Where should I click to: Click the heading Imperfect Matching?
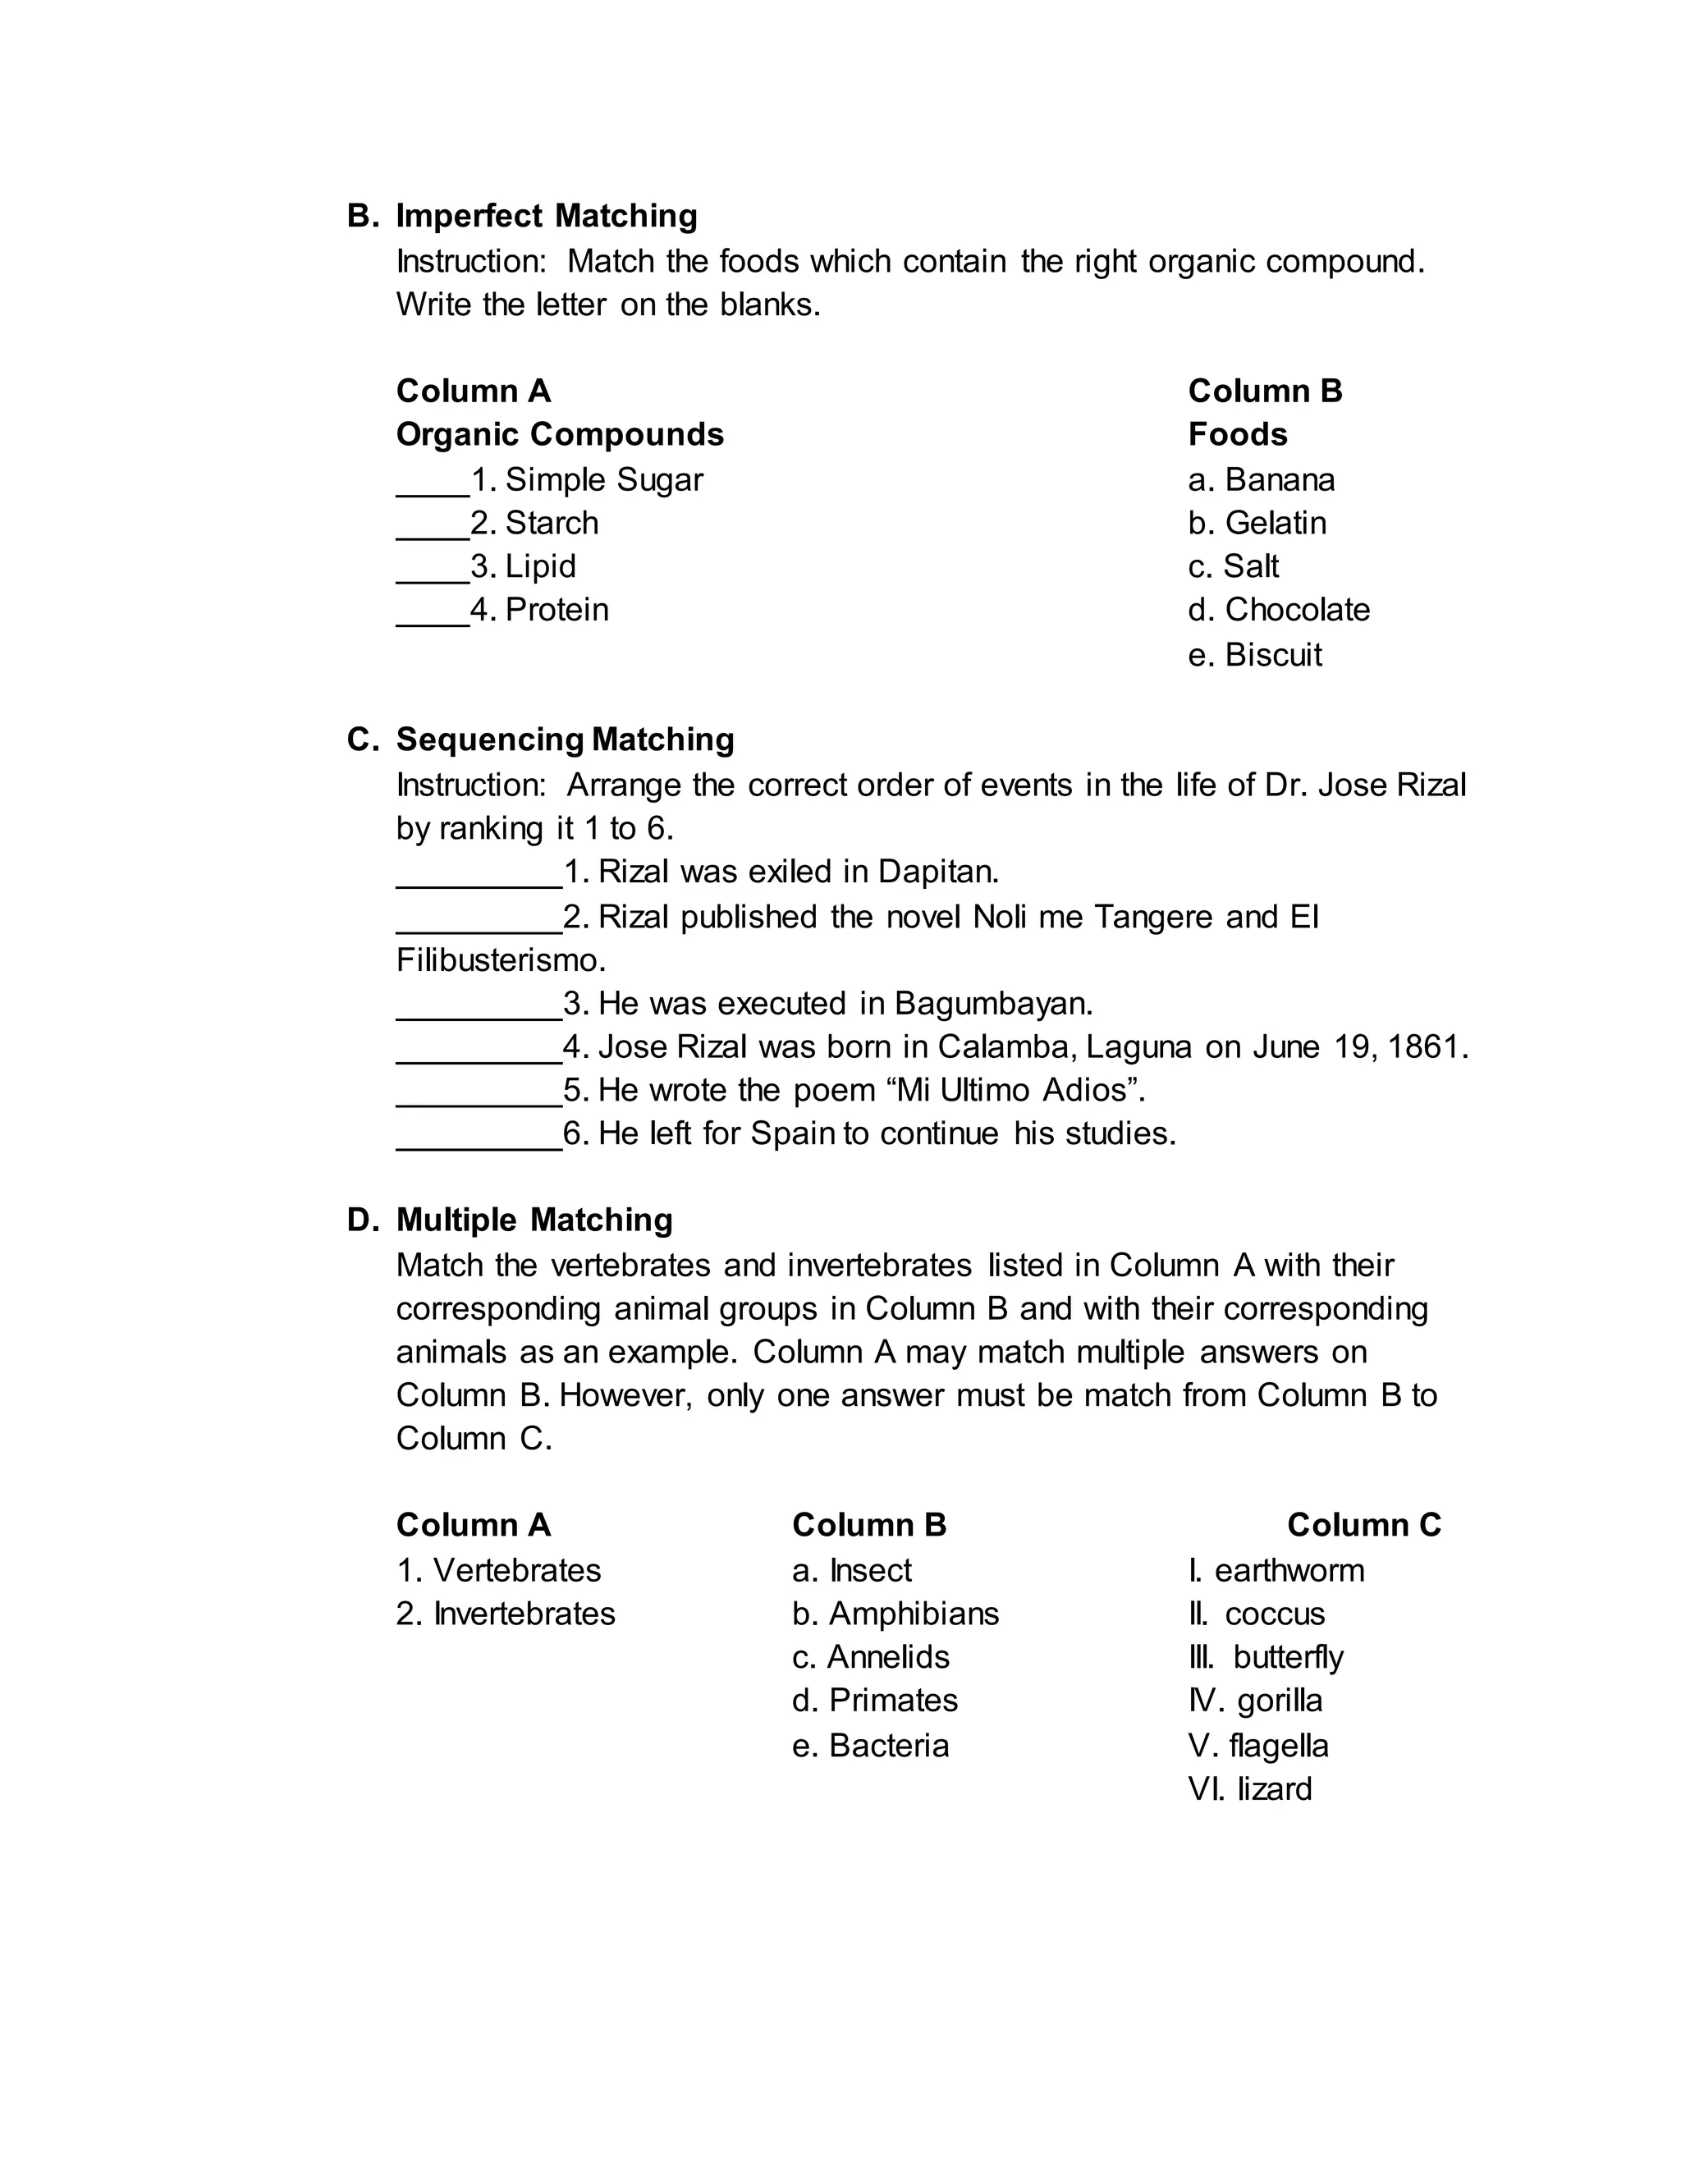pos(546,216)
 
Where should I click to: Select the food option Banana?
pos(1279,480)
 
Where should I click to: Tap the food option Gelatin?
pos(1275,523)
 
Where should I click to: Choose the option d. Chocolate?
pos(1279,610)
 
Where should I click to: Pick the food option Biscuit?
pos(1273,655)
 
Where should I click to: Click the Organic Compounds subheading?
pos(560,435)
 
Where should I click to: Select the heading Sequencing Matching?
pos(565,740)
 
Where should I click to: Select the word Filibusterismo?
pos(500,961)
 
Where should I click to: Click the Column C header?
pos(1363,1525)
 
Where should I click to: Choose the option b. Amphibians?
pos(895,1614)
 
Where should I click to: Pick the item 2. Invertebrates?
pos(506,1614)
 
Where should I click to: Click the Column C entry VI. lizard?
pos(1250,1788)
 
